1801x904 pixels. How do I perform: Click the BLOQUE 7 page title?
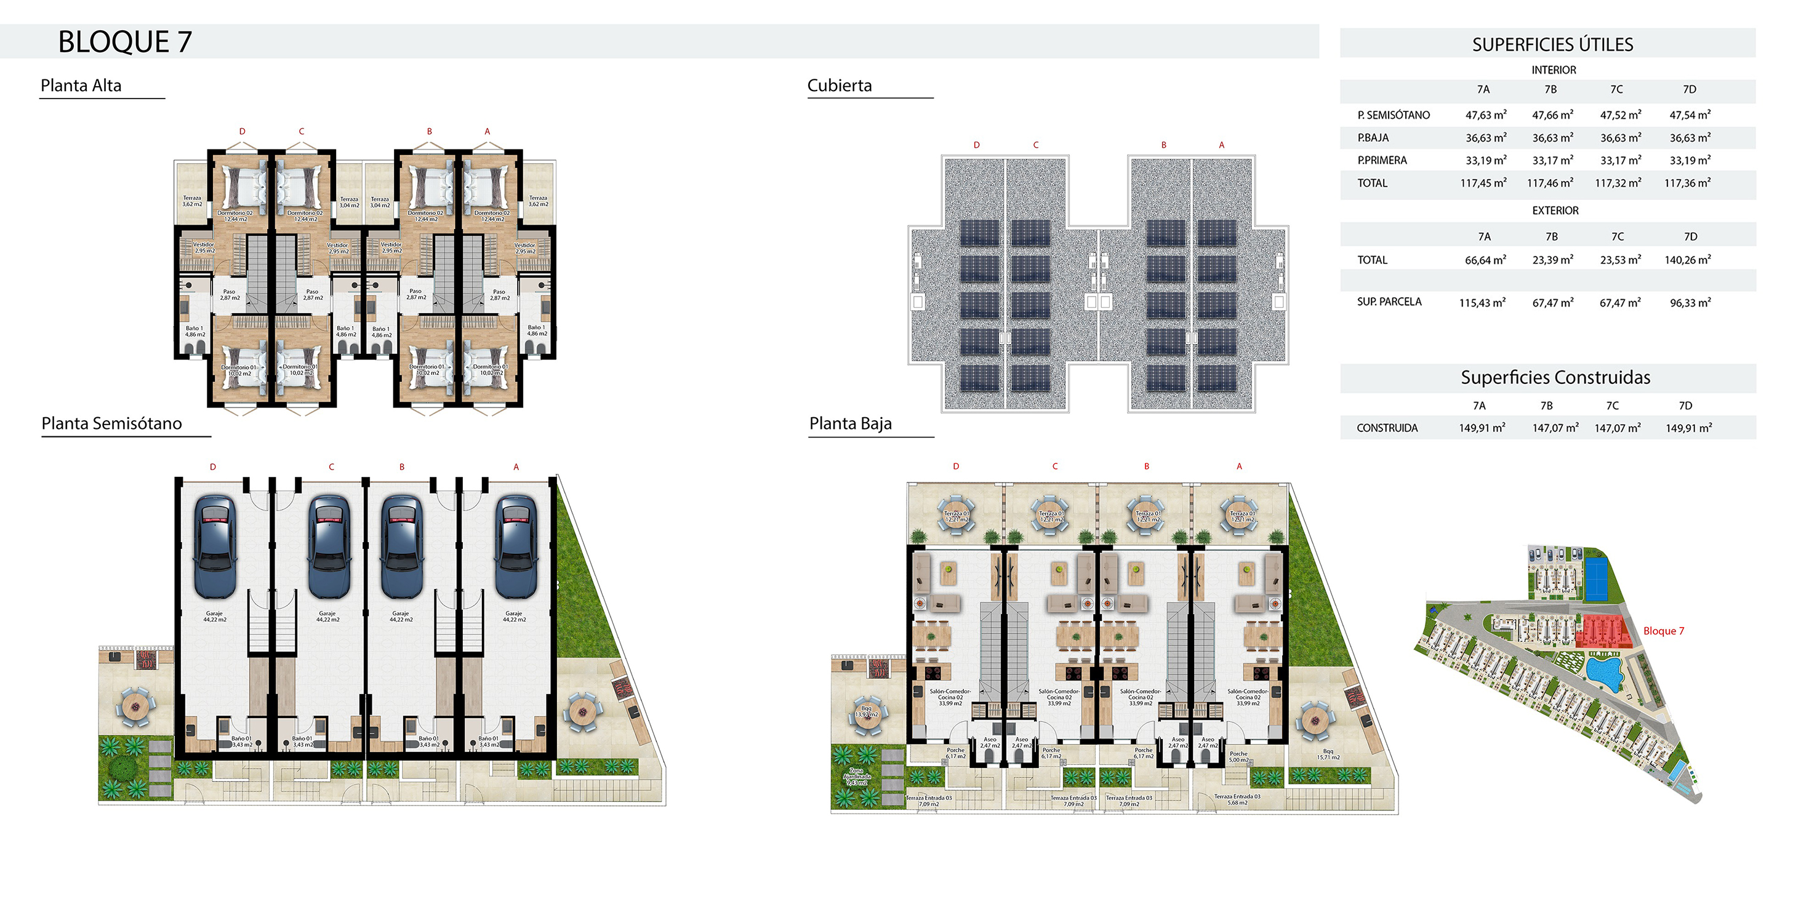[x=124, y=42]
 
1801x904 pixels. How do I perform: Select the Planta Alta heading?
[x=81, y=86]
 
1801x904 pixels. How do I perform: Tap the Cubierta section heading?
[x=839, y=86]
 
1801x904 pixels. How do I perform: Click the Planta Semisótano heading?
[x=112, y=423]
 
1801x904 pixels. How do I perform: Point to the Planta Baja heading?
[x=850, y=423]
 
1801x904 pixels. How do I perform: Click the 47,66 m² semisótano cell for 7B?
[x=1552, y=114]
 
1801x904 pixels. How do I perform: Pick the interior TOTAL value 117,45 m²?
[x=1483, y=183]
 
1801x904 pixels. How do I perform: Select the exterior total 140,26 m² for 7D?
[x=1688, y=260]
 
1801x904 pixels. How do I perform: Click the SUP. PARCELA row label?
[x=1389, y=302]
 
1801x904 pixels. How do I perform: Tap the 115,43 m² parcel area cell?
[x=1482, y=303]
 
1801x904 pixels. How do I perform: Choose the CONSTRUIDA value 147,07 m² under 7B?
[x=1555, y=428]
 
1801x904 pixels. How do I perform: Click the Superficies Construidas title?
[x=1555, y=378]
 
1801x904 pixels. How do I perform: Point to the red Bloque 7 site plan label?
[x=1663, y=631]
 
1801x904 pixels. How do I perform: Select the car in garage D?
[x=215, y=546]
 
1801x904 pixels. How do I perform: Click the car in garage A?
[x=516, y=546]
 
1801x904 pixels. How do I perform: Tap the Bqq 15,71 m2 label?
[x=1328, y=754]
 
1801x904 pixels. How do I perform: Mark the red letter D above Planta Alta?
[x=242, y=132]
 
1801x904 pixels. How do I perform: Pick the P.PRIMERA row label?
[x=1381, y=160]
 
